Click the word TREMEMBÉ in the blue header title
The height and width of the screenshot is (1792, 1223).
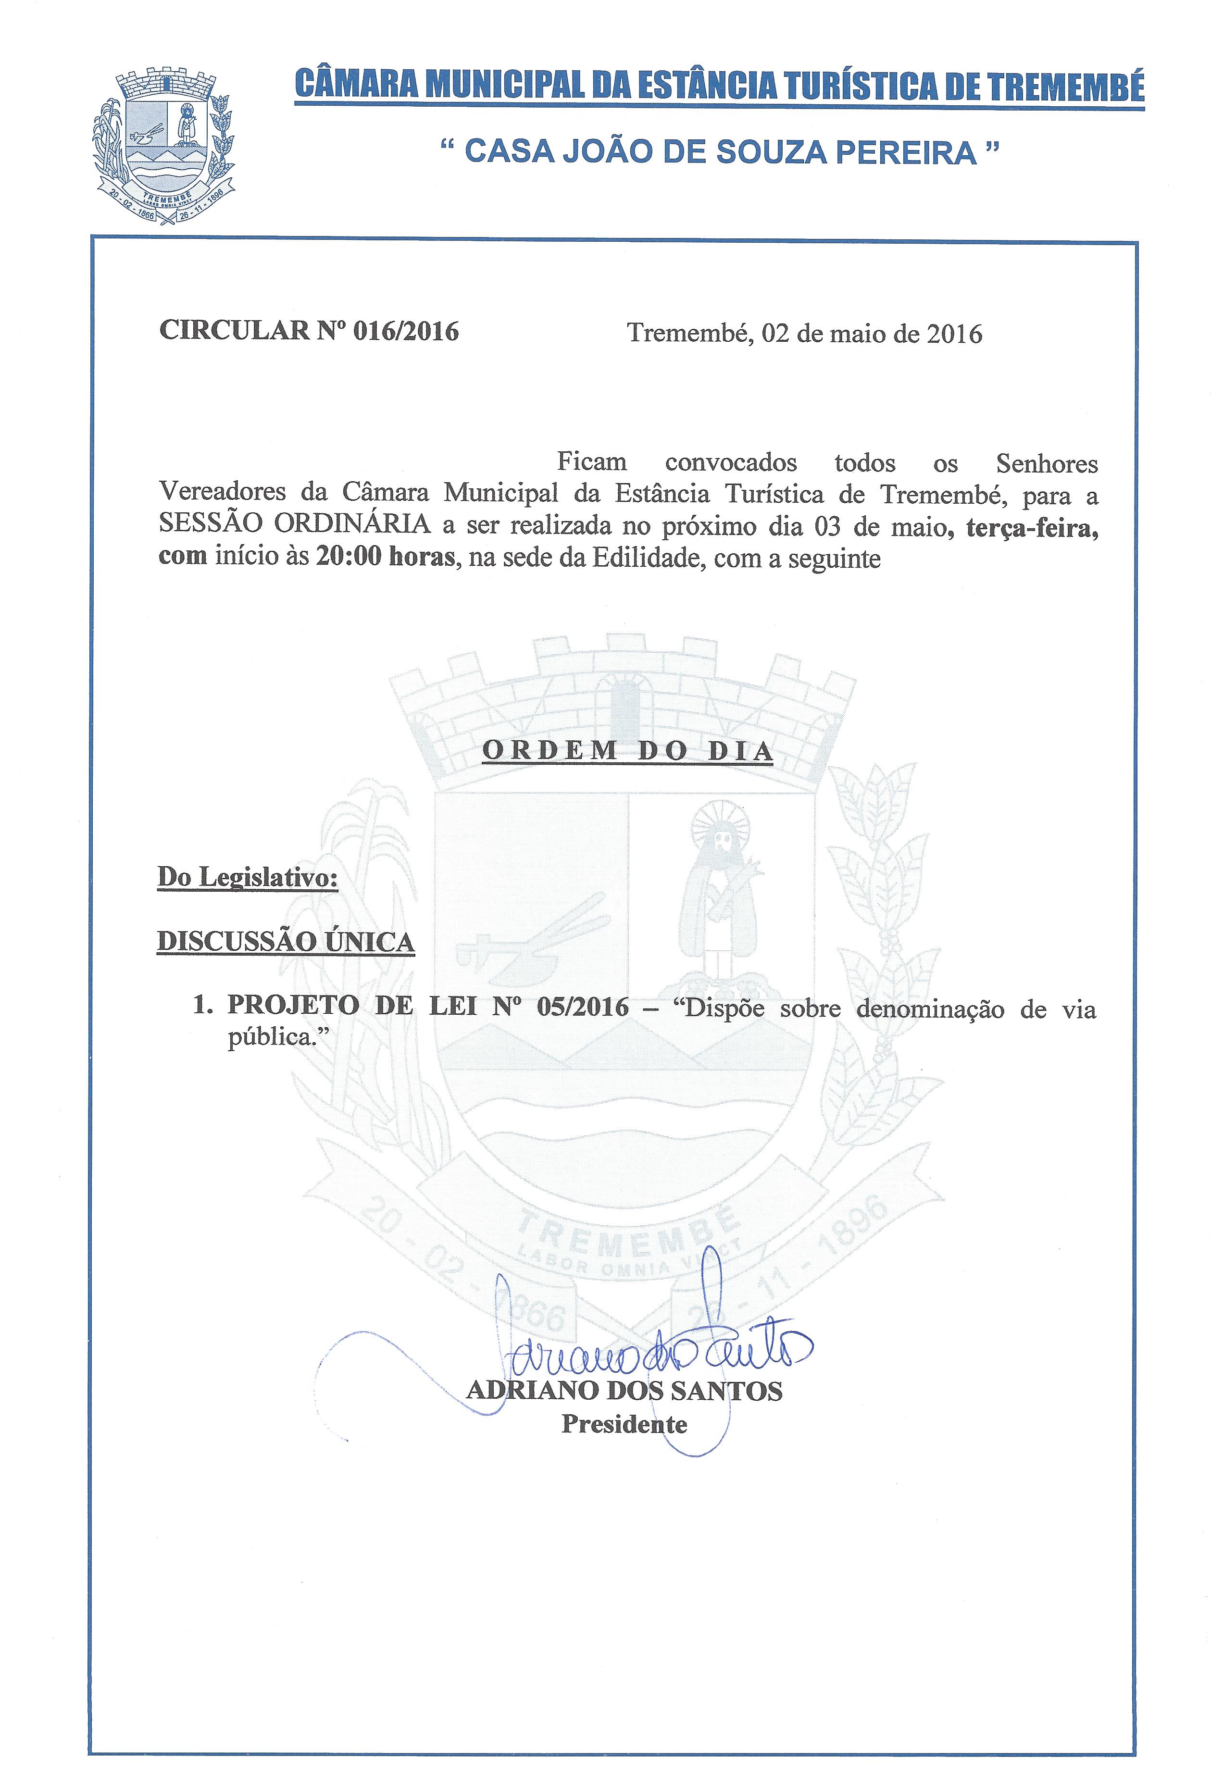(1066, 87)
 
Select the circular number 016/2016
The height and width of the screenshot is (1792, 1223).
(406, 332)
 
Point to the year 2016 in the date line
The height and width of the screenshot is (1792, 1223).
(954, 334)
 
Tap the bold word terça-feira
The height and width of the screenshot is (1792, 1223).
(1031, 528)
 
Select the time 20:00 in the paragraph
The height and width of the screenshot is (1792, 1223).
(348, 556)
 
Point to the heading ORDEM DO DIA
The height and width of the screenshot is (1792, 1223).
(627, 750)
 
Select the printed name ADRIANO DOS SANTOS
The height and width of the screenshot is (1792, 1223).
(624, 1390)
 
